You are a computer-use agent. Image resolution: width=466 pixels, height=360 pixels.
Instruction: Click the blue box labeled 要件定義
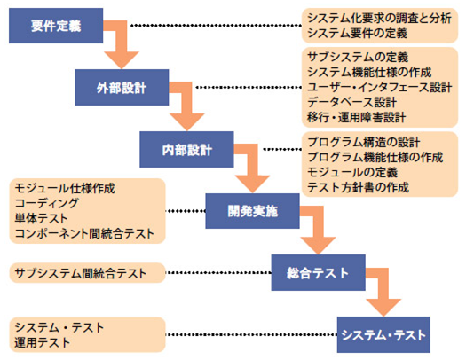(x=56, y=26)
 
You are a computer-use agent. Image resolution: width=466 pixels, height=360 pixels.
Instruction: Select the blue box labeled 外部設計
(x=122, y=87)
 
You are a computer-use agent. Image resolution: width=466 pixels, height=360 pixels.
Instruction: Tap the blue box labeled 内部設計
(x=186, y=149)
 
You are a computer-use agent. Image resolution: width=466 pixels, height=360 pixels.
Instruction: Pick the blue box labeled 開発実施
(x=252, y=211)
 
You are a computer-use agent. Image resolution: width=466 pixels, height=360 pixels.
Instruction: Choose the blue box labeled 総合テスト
(x=319, y=272)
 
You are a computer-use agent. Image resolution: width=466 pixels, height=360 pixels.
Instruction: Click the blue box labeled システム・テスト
(x=383, y=334)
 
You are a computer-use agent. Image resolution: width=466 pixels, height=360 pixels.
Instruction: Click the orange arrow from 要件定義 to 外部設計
(x=122, y=42)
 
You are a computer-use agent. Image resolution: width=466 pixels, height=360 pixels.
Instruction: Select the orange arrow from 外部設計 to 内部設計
(x=186, y=104)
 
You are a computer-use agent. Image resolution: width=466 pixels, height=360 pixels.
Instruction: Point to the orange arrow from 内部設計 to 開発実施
(x=252, y=166)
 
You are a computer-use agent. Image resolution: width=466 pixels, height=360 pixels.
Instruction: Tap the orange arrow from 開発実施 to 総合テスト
(x=318, y=228)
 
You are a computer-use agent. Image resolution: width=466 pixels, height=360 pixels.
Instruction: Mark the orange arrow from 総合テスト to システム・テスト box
(x=383, y=290)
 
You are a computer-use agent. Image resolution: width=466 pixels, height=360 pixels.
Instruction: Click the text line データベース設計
(x=351, y=102)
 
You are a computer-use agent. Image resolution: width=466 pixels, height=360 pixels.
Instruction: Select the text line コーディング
(x=47, y=203)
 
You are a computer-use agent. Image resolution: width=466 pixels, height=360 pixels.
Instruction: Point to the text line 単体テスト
(x=41, y=218)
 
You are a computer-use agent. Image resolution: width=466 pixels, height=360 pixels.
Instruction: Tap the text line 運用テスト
(x=43, y=342)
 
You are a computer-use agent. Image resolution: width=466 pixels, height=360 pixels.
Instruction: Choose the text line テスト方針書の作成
(x=358, y=187)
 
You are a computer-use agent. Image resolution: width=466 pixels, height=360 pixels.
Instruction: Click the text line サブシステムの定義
(x=358, y=57)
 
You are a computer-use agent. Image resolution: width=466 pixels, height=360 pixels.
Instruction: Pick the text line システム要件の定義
(x=357, y=33)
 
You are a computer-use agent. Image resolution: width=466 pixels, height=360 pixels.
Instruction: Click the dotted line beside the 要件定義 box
(x=217, y=26)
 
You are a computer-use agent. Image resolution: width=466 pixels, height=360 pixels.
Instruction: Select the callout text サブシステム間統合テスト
(x=81, y=273)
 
